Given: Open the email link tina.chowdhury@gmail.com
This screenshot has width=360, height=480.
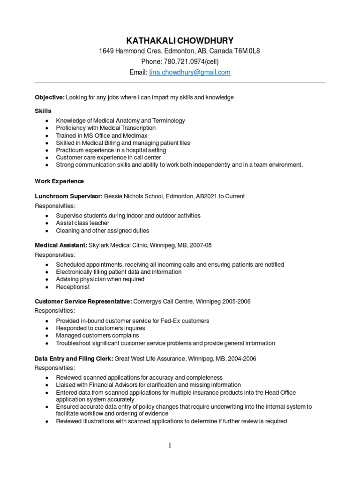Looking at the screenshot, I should pos(189,73).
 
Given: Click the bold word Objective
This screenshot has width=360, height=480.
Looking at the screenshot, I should pos(49,97).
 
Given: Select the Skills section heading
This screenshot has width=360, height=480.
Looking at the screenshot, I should pos(43,111).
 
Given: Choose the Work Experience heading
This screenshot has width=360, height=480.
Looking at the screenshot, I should pos(60,181).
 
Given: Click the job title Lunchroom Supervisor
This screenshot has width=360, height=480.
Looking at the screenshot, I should pos(68,196).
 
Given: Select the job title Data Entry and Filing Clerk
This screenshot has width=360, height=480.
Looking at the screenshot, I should pos(74,359).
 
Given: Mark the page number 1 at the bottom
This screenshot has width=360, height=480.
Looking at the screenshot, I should pos(171,445).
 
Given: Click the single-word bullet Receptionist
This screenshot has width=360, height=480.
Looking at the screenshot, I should pos(73,287).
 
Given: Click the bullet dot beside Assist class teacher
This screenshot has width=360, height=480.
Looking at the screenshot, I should pos(47,224).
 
